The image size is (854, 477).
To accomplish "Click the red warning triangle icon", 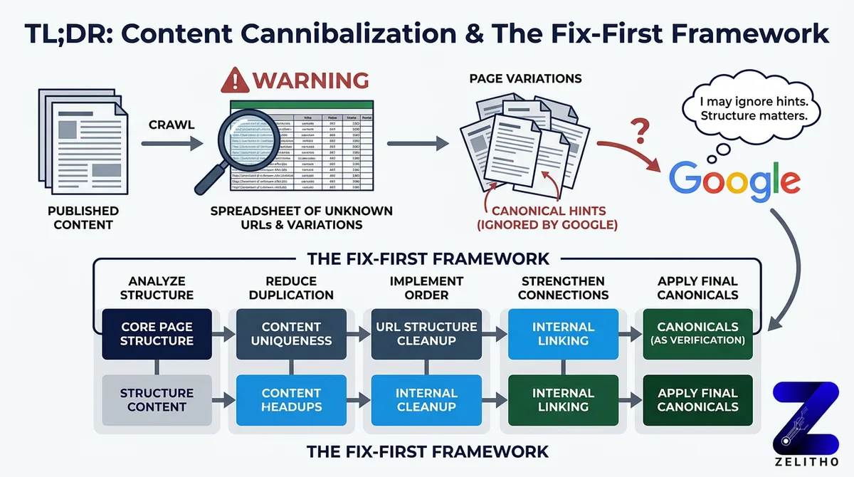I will pos(236,80).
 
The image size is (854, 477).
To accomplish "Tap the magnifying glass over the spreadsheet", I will pos(246,135).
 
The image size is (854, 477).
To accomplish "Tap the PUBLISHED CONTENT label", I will pos(83,218).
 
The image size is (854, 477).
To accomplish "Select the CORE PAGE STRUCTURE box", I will pos(157,334).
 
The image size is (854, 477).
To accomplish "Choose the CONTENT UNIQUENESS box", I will pos(291,334).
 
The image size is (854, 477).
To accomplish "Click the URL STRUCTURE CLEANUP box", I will pos(426,334).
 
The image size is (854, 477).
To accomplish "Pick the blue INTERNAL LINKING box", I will pos(563,334).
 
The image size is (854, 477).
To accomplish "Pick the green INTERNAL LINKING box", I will pos(563,399).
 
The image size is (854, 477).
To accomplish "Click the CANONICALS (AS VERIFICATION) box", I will pos(697,334).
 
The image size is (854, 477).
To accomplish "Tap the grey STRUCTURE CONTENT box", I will pos(157,399).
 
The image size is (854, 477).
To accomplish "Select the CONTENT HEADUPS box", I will pos(291,399).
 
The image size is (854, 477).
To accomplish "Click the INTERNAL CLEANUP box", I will pos(426,399).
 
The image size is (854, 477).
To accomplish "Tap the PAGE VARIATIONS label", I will pos(525,78).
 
